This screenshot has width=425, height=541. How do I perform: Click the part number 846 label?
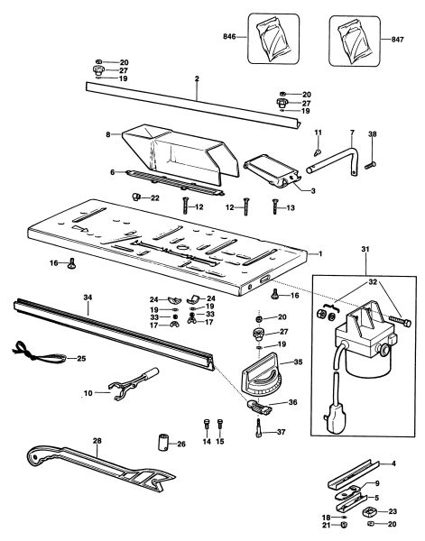(x=229, y=36)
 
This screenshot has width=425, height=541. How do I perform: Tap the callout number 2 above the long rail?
(x=197, y=78)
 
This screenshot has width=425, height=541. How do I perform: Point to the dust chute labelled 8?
(x=180, y=151)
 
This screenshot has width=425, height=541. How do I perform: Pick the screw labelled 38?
(x=370, y=165)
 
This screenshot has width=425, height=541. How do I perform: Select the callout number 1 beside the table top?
(x=320, y=253)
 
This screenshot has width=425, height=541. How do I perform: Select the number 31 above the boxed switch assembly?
(x=365, y=249)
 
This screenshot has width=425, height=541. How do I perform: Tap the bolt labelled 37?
(x=259, y=428)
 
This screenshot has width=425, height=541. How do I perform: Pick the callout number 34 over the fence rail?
(x=88, y=297)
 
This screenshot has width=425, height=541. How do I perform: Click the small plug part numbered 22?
(x=136, y=197)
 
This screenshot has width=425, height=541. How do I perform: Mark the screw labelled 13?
(x=275, y=206)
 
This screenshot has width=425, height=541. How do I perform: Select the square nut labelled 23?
(x=370, y=511)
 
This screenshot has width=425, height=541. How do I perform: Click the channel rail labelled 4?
(x=353, y=473)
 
